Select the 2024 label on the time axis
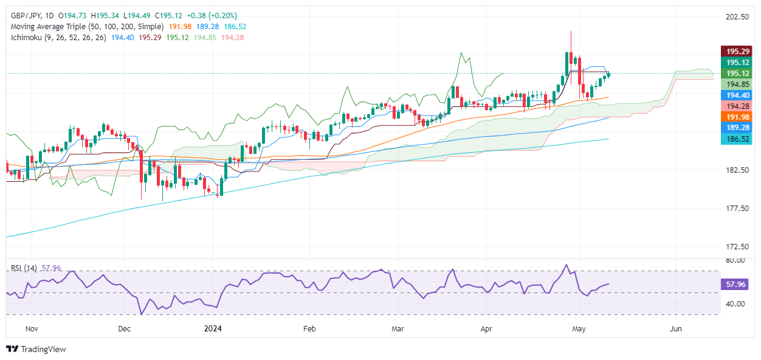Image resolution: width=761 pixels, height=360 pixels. click(x=214, y=329)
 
